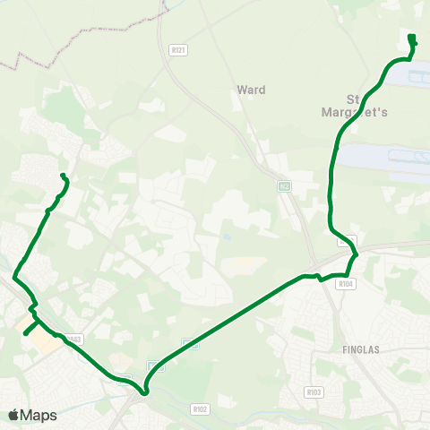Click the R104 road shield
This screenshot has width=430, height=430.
click(x=347, y=284)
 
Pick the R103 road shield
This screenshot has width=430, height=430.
click(x=313, y=391)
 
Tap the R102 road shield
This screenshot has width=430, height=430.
click(x=200, y=408)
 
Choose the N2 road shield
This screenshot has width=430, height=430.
click(x=284, y=185)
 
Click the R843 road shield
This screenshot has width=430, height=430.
click(x=74, y=339)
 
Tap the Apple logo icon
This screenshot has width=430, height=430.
click(x=13, y=415)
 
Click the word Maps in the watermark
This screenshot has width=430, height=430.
click(x=39, y=415)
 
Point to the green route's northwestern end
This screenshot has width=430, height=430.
click(x=63, y=175)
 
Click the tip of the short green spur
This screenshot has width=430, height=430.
click(x=24, y=333)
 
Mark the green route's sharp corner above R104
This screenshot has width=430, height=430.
click(x=357, y=255)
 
